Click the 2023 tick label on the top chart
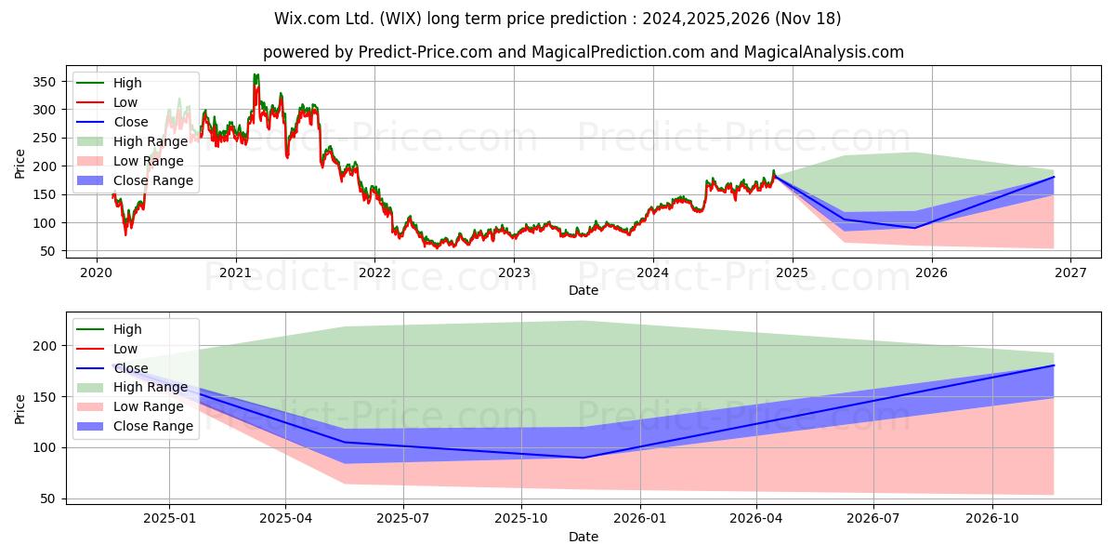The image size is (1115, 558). click(514, 273)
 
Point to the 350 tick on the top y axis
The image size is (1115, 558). click(44, 82)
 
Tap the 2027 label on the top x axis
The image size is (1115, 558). click(1070, 273)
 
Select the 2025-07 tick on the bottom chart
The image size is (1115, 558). click(403, 519)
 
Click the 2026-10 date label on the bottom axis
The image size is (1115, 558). click(992, 519)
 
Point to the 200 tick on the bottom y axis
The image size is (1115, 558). click(44, 346)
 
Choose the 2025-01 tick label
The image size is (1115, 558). click(169, 519)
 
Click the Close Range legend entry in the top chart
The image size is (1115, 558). click(135, 180)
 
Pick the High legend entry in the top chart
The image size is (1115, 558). click(109, 83)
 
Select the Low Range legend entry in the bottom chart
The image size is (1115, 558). click(130, 406)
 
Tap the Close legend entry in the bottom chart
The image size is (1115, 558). click(112, 368)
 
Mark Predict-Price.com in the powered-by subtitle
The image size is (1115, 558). click(426, 52)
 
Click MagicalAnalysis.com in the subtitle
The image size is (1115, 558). click(824, 52)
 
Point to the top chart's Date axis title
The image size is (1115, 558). click(584, 290)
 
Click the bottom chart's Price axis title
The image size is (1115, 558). click(20, 409)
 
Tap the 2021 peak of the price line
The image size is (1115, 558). click(256, 74)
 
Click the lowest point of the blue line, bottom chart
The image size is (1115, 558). click(584, 458)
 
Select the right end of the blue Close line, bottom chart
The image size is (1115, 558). click(1054, 365)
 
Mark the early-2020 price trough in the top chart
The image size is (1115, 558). click(125, 234)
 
